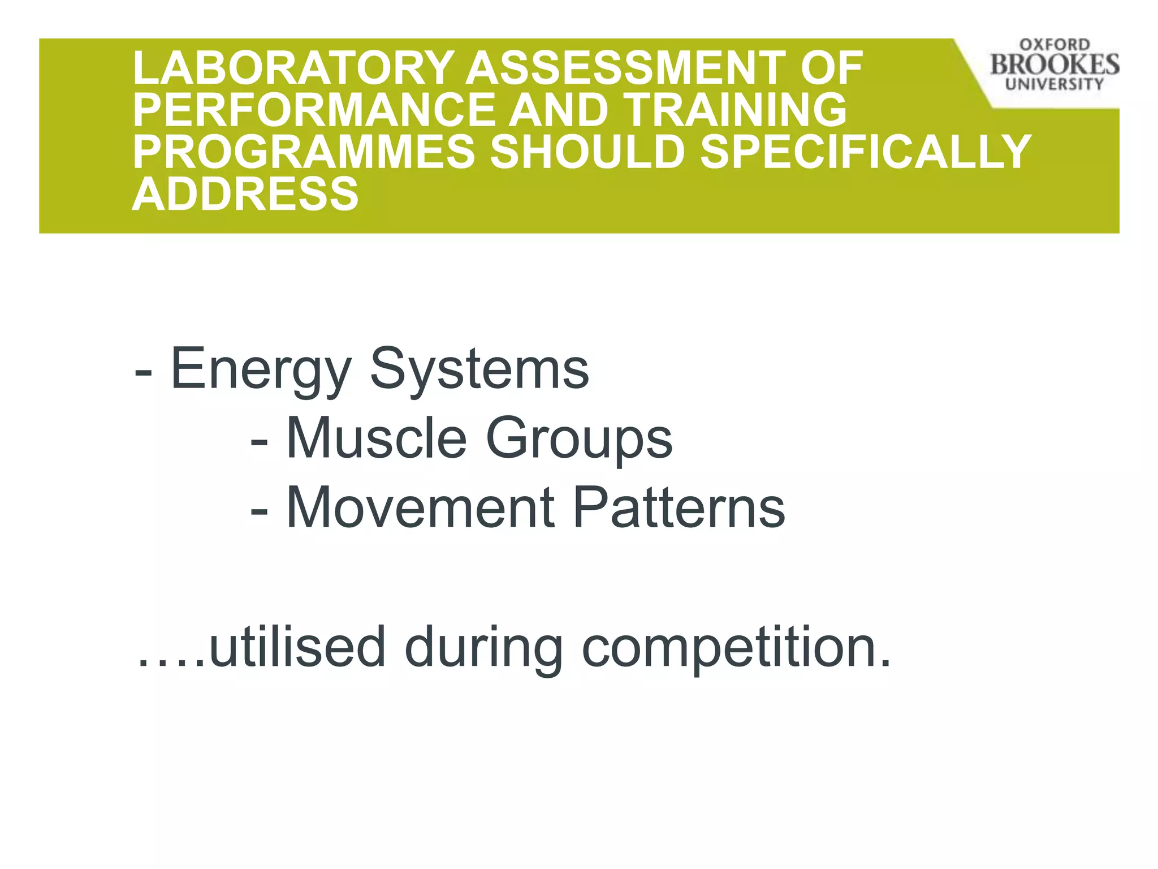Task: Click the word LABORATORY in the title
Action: pos(293,68)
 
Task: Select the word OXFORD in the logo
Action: pos(1055,45)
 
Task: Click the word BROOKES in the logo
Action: pos(1055,64)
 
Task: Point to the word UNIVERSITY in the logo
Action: pos(1055,84)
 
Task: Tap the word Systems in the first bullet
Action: pos(479,369)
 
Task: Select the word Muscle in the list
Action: pos(377,438)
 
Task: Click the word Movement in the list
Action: pos(421,508)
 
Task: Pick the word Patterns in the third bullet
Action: pos(679,508)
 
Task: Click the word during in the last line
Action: pos(484,648)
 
